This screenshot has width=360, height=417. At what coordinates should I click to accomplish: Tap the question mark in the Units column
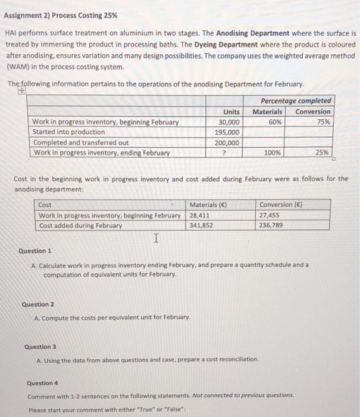[x=226, y=153]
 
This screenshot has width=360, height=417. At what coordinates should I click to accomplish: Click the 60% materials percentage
[x=275, y=122]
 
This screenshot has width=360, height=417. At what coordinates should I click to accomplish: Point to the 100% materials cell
[x=273, y=153]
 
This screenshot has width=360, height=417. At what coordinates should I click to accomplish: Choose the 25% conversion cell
[x=322, y=153]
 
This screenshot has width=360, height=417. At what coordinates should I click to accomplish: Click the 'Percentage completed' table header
[x=296, y=101]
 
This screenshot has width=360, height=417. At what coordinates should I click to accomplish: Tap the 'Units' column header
[x=231, y=111]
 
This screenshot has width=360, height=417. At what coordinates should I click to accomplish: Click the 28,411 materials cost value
[x=199, y=215]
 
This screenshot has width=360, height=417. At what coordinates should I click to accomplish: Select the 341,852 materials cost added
[x=201, y=226]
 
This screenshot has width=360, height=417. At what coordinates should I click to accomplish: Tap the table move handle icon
[x=23, y=92]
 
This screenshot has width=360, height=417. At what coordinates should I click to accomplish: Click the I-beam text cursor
[x=156, y=239]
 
